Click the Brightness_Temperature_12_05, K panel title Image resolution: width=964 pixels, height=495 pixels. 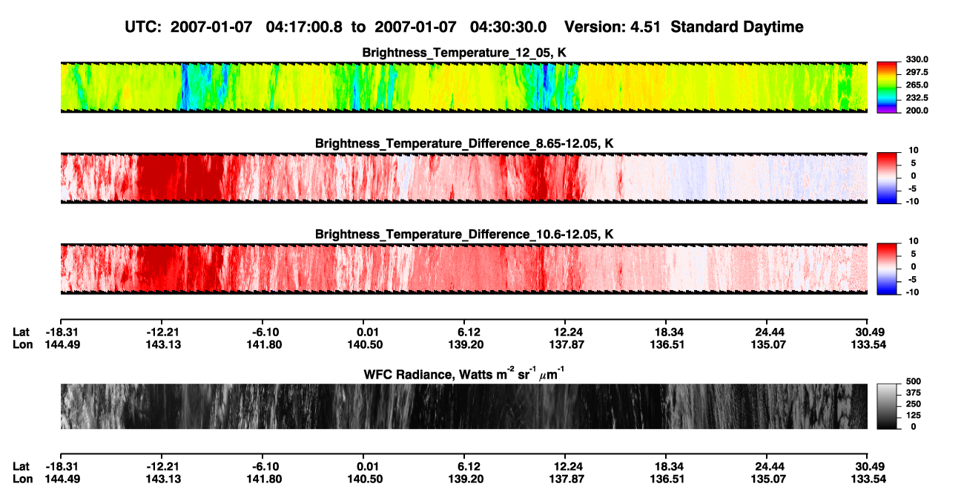point(464,53)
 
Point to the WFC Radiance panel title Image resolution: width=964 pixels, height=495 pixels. point(464,374)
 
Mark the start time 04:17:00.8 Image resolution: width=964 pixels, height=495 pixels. point(304,27)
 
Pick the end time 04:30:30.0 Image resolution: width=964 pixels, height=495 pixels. point(508,27)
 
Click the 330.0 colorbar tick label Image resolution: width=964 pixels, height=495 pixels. point(917,59)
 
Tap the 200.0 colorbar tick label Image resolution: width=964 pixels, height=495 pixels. point(917,111)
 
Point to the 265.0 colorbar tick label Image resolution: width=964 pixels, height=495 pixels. point(917,85)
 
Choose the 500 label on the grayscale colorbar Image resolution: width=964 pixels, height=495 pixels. point(914,381)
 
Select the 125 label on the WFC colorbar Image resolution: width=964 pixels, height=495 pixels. point(914,416)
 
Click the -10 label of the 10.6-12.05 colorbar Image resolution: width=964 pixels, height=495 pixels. point(912,292)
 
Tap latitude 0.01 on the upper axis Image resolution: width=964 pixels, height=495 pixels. point(368,332)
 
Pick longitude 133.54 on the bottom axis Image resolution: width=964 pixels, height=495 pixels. point(868,479)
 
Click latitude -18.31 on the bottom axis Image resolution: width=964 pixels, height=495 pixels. point(62,466)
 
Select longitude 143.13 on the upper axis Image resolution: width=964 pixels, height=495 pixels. point(163,344)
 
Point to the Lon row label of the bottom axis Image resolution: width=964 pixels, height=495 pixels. point(22,479)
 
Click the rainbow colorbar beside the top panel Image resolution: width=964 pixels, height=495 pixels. point(887,88)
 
